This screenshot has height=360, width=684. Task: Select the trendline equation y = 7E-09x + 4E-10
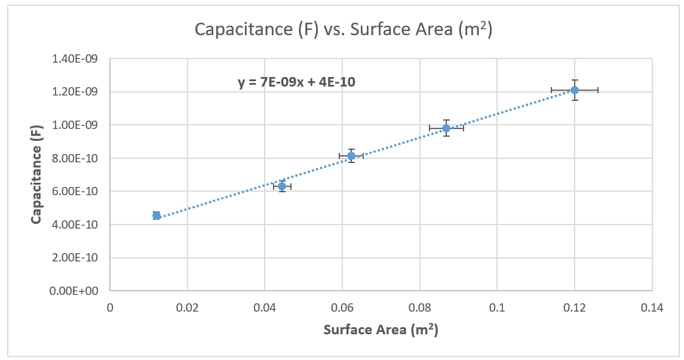pyautogui.click(x=297, y=82)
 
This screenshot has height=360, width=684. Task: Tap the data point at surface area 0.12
pyautogui.click(x=575, y=90)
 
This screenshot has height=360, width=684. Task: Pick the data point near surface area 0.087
pyautogui.click(x=446, y=128)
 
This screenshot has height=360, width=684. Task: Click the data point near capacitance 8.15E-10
pyautogui.click(x=351, y=156)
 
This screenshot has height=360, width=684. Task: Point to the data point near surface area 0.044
pyautogui.click(x=282, y=186)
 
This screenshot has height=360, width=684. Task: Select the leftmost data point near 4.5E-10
pyautogui.click(x=157, y=216)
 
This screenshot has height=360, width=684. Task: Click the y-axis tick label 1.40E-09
pyautogui.click(x=76, y=59)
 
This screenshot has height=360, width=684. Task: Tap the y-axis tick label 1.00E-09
pyautogui.click(x=76, y=125)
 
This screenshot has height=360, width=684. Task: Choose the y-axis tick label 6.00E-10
pyautogui.click(x=76, y=192)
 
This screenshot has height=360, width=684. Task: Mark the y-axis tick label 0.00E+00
pyautogui.click(x=76, y=291)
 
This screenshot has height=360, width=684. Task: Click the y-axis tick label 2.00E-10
pyautogui.click(x=76, y=258)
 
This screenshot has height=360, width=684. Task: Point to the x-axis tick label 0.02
pyautogui.click(x=187, y=308)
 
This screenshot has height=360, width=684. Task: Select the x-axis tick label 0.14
pyautogui.click(x=652, y=308)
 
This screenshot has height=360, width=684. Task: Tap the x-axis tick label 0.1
pyautogui.click(x=497, y=308)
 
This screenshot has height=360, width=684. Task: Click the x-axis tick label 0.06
pyautogui.click(x=342, y=308)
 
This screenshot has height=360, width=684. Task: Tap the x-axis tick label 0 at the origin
pyautogui.click(x=110, y=308)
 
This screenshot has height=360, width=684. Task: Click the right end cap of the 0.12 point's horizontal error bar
pyautogui.click(x=598, y=90)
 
